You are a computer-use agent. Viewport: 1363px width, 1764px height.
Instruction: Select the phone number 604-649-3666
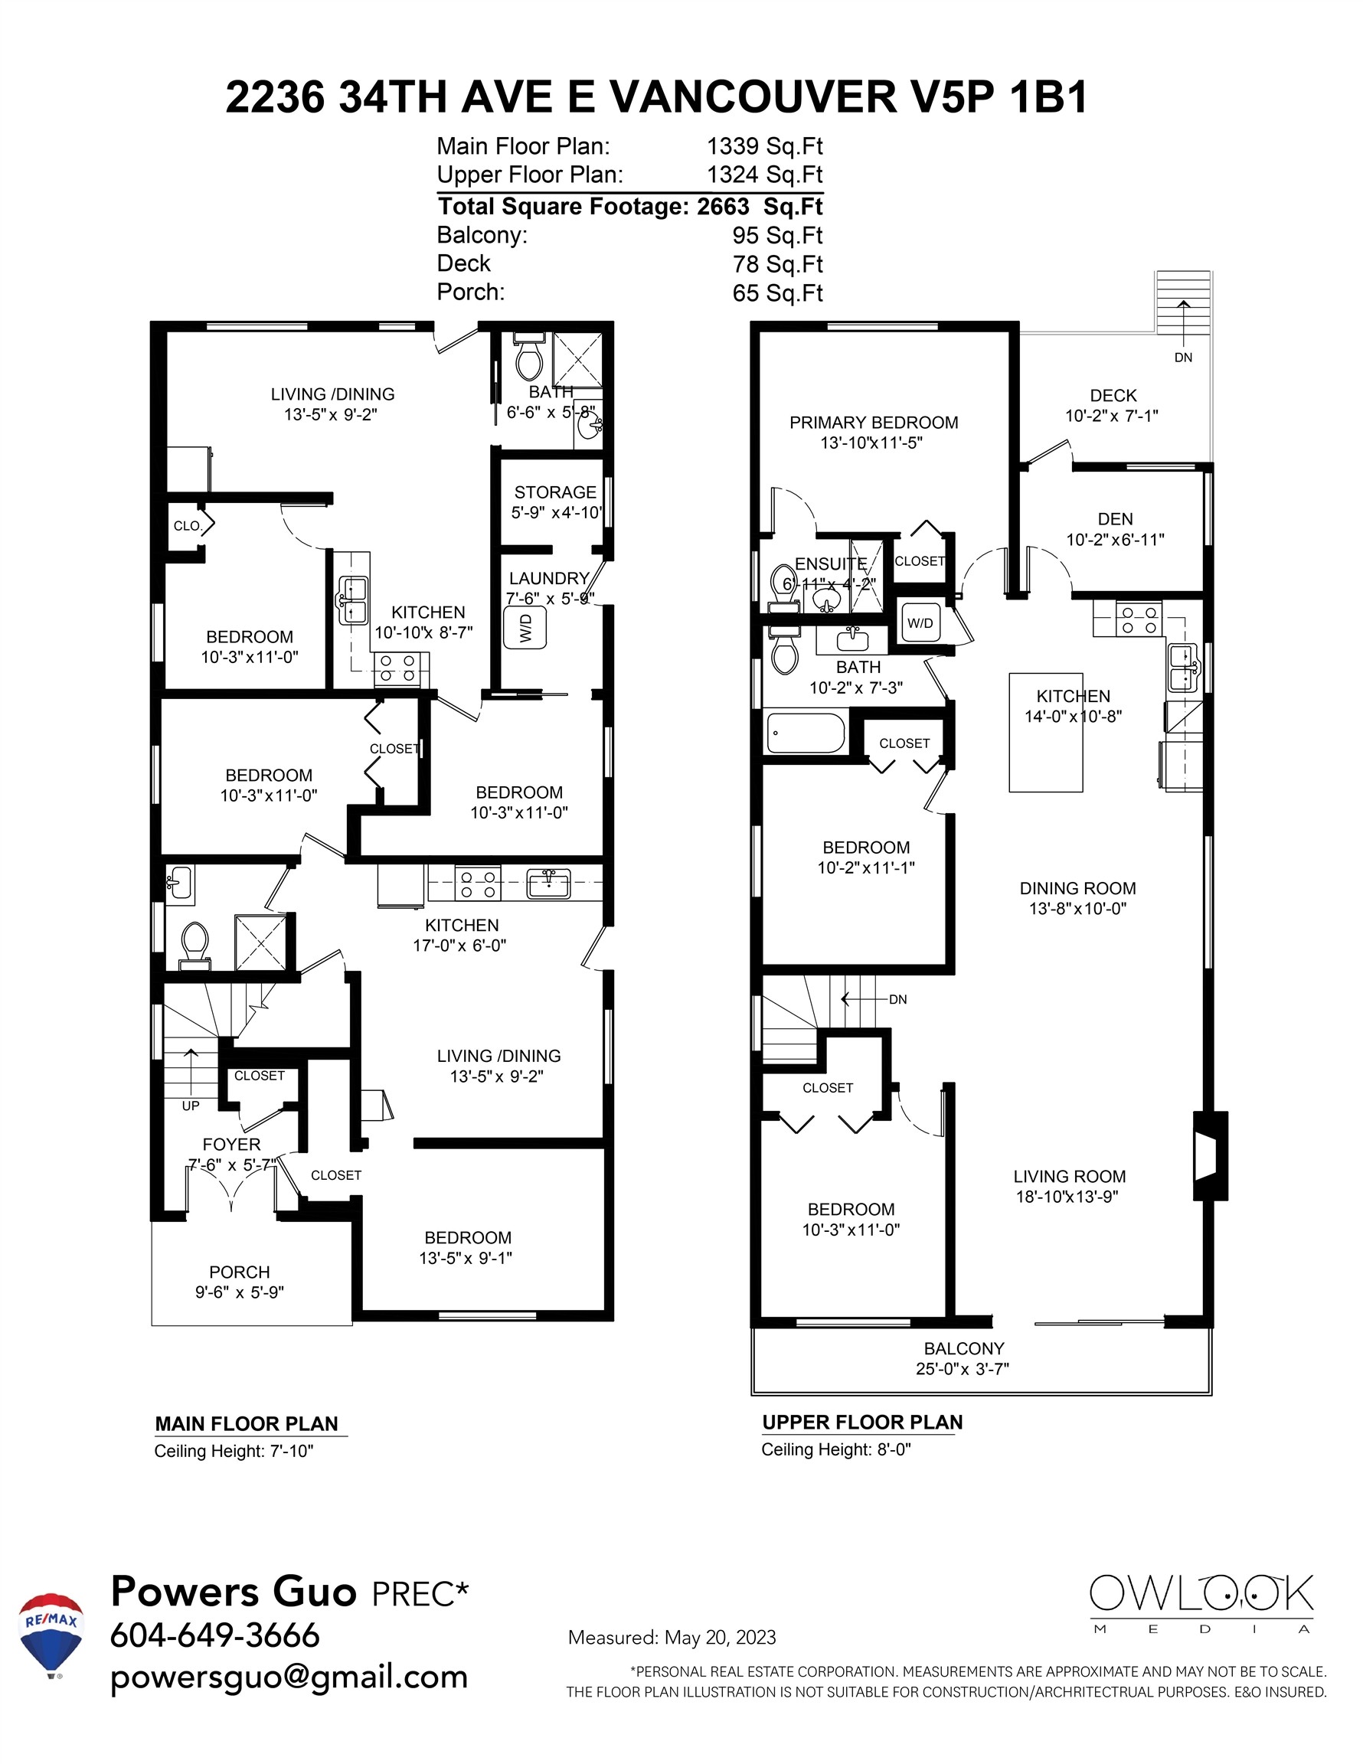(x=215, y=1635)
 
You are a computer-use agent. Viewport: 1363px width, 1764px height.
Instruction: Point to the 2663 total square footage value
(x=723, y=207)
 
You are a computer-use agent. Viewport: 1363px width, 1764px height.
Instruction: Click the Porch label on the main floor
(x=239, y=1272)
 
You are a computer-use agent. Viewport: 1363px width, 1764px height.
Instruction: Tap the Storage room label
(x=555, y=492)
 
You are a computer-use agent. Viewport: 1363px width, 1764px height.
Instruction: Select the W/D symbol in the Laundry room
(x=525, y=628)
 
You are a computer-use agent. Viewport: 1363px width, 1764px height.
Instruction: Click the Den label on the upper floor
(x=1115, y=519)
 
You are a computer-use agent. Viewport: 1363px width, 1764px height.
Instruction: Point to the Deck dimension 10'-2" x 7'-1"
(x=1112, y=416)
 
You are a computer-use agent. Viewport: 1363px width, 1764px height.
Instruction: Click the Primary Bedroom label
(x=874, y=423)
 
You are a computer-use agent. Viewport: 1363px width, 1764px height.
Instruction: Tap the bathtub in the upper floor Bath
(x=805, y=733)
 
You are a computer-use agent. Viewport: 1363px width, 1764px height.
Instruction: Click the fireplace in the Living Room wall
(x=1210, y=1155)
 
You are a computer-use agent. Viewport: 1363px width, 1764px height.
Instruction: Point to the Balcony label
(x=964, y=1349)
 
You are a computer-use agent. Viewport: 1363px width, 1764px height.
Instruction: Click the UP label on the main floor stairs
(x=191, y=1106)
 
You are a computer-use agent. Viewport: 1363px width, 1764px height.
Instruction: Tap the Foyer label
(x=231, y=1145)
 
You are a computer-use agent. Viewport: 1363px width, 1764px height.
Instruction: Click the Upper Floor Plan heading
(x=862, y=1423)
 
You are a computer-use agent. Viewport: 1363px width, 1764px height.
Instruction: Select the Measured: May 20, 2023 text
(x=672, y=1637)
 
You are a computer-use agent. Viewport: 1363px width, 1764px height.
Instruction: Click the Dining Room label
(x=1077, y=888)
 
